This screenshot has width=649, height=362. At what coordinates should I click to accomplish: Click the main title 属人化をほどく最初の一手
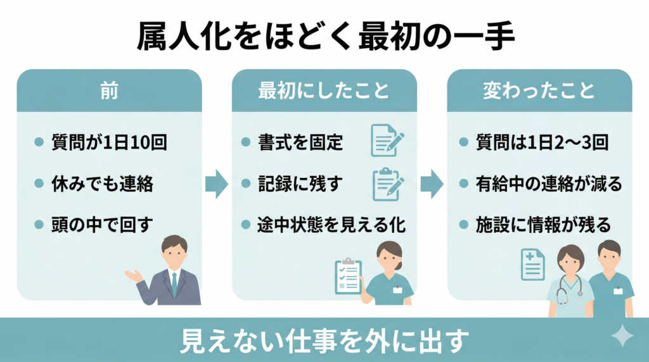click(x=324, y=37)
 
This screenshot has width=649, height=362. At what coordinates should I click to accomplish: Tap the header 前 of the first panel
click(x=109, y=91)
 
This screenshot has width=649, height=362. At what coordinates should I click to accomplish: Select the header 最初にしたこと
click(x=324, y=91)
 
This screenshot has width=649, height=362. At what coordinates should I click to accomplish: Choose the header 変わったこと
click(x=539, y=91)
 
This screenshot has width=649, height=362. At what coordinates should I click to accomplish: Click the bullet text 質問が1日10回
click(x=108, y=142)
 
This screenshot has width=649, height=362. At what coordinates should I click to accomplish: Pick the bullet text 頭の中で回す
click(x=102, y=225)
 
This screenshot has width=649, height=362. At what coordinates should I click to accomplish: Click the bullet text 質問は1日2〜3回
click(x=542, y=142)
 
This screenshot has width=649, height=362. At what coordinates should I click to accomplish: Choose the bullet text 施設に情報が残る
click(x=543, y=225)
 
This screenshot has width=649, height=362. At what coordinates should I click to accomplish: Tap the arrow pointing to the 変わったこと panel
click(x=432, y=184)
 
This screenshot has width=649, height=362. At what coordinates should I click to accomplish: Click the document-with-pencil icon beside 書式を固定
click(x=387, y=140)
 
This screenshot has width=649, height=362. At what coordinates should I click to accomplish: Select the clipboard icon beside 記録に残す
click(x=387, y=184)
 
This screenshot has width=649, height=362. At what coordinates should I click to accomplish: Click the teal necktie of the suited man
click(x=174, y=285)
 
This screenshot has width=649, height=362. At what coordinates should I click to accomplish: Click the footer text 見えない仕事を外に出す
click(x=324, y=341)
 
